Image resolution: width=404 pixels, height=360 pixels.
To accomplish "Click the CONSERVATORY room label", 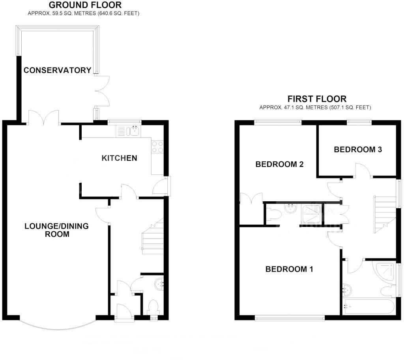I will click(x=57, y=70).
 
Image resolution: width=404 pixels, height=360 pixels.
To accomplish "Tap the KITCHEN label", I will click(x=120, y=158).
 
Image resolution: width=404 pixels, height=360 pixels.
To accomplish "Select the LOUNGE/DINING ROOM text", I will click(x=56, y=230).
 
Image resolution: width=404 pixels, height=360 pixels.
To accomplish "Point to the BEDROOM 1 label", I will click(x=289, y=269).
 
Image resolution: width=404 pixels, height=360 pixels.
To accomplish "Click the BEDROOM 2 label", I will click(x=279, y=164).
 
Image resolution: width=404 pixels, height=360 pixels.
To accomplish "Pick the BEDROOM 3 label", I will click(x=358, y=150).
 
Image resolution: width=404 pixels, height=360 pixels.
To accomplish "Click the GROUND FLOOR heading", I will click(x=85, y=5).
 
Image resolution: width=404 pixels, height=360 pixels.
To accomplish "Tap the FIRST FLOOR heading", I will click(x=317, y=99).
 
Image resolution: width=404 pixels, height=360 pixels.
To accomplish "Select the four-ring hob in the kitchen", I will click(x=158, y=147).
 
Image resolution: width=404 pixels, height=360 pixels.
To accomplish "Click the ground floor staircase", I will click(x=153, y=237).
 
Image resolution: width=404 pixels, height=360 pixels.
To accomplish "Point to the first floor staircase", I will click(x=385, y=215).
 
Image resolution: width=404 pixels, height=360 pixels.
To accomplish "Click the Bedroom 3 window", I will click(x=359, y=122).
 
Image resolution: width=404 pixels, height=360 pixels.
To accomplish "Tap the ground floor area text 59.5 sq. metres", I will click(x=83, y=13).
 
